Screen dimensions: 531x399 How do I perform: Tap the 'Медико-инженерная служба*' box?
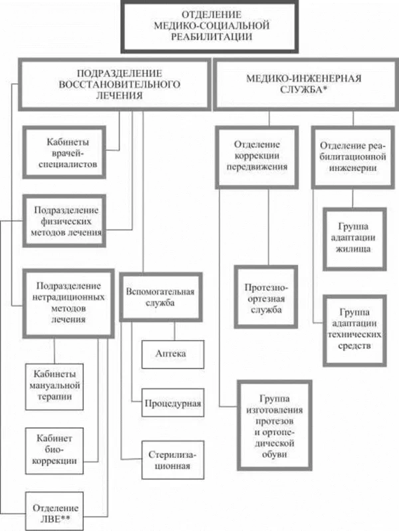coord(303,84)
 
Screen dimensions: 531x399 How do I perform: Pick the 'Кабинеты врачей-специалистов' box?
coord(64,152)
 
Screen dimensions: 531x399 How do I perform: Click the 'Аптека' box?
coord(172,355)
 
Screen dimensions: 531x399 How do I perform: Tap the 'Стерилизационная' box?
coord(172,460)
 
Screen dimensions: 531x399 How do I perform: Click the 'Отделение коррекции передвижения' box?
coord(256,155)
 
